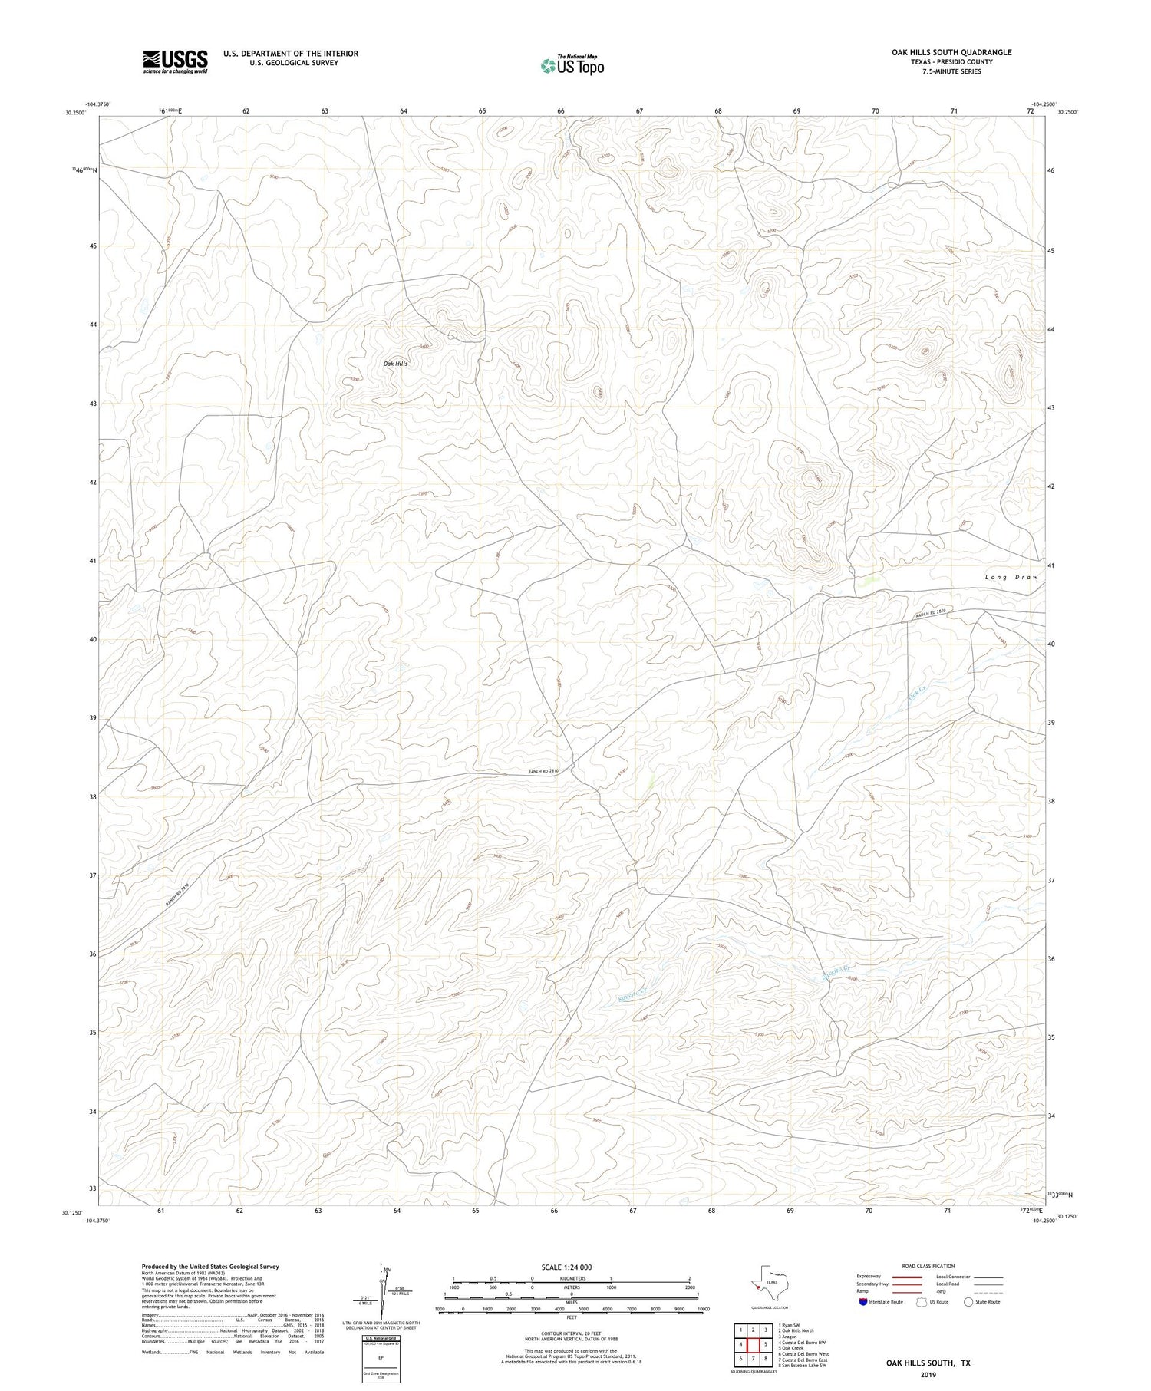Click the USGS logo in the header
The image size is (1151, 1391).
click(x=175, y=61)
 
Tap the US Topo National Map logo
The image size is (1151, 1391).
click(x=572, y=65)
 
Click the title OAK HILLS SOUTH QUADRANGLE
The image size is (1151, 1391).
click(x=951, y=52)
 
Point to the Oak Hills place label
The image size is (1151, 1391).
click(x=395, y=363)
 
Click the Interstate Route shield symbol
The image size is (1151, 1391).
click(x=864, y=1302)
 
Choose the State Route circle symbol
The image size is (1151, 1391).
click(x=968, y=1302)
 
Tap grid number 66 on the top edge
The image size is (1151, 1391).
click(x=561, y=111)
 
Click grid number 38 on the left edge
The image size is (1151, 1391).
click(x=92, y=796)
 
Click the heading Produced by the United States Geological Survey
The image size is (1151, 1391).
click(x=210, y=1267)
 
